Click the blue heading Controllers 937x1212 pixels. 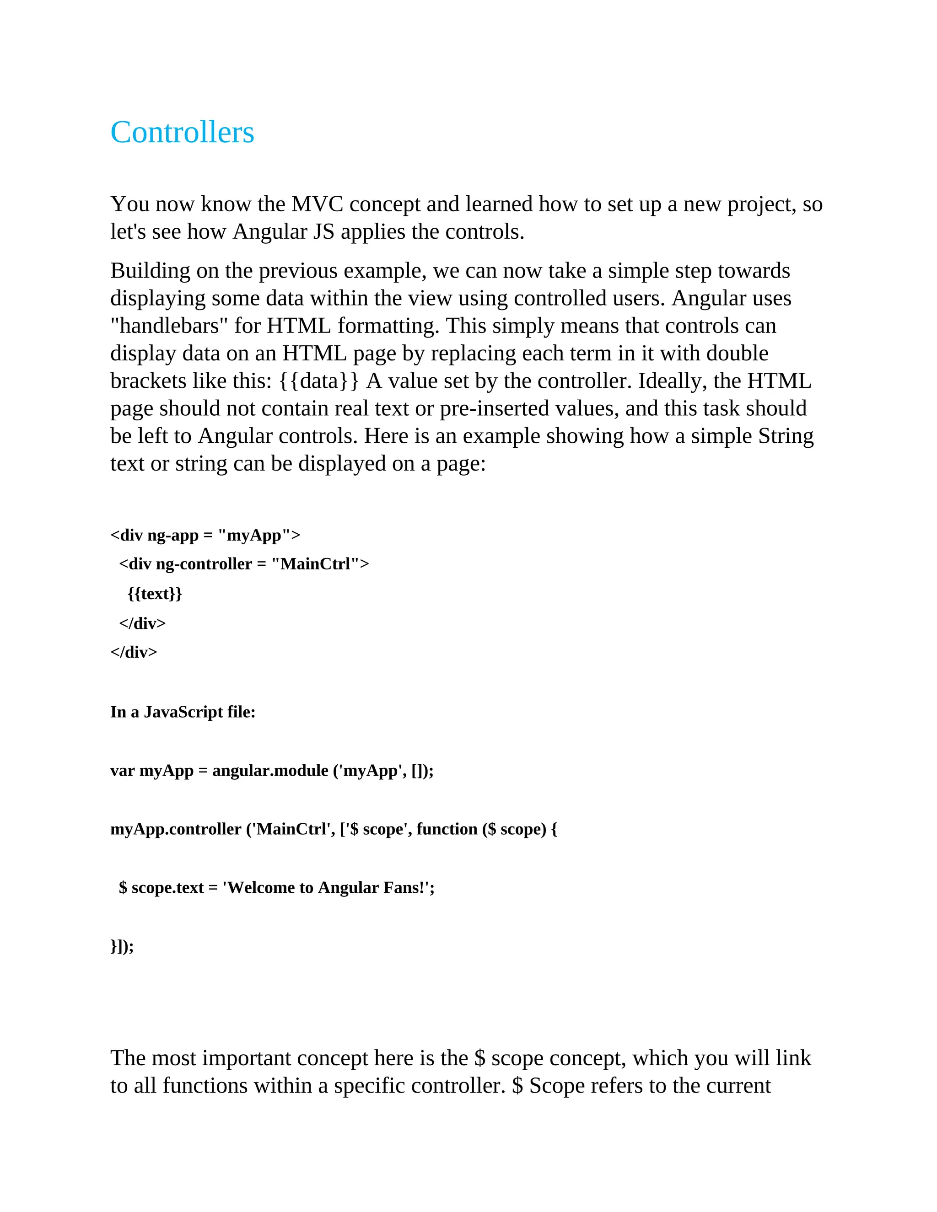(182, 133)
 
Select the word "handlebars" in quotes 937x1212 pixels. (169, 326)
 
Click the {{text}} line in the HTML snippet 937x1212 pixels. (155, 594)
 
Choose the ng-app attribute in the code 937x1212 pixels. (172, 536)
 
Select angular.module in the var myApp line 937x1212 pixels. (270, 771)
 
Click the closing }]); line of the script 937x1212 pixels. (122, 946)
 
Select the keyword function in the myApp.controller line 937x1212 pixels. (447, 829)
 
